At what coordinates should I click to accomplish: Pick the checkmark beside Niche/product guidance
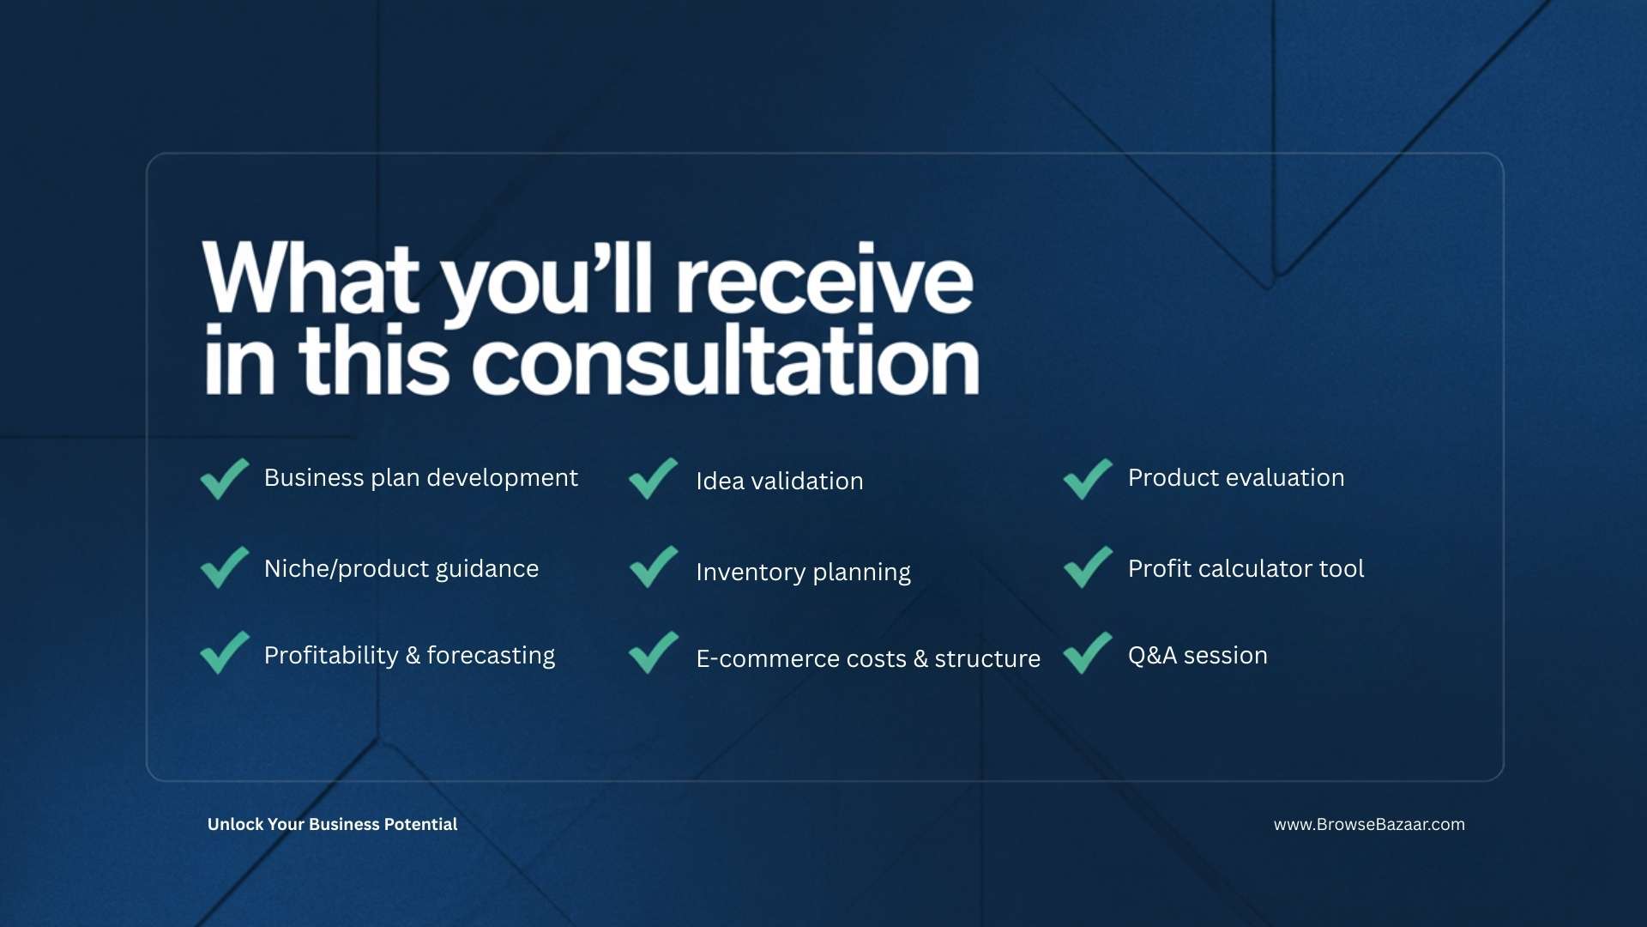click(x=223, y=568)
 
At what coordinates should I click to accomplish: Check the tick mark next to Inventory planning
click(x=653, y=568)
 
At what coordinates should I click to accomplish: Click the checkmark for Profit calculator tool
click(x=1087, y=568)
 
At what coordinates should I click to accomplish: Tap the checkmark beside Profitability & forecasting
click(x=223, y=654)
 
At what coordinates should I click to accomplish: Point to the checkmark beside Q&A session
click(x=1087, y=654)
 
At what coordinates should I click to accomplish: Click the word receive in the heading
click(x=825, y=278)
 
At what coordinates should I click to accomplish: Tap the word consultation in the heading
click(x=726, y=360)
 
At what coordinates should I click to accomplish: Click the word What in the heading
click(x=311, y=276)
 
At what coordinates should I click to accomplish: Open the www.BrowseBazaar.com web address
click(x=1369, y=825)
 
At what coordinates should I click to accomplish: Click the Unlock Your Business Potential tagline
click(x=332, y=825)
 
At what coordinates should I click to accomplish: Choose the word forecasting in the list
click(x=491, y=656)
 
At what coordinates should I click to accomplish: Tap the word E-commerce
click(x=757, y=658)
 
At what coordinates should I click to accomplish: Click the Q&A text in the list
click(x=1152, y=656)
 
